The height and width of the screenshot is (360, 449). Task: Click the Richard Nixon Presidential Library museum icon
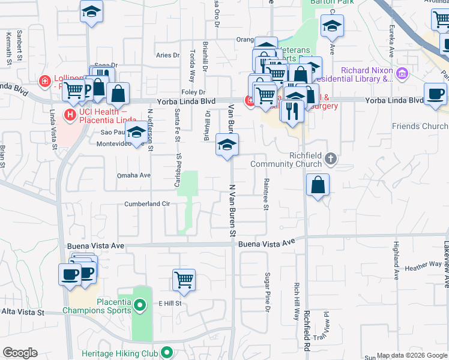[x=402, y=74]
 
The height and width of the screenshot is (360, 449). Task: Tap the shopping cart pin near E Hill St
[x=184, y=279]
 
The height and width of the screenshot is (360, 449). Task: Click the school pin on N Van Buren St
[x=227, y=145]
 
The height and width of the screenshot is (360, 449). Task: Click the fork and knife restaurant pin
[x=292, y=111]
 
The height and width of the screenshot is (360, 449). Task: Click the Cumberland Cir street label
[x=146, y=204]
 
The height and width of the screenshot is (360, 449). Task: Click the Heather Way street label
[x=423, y=266]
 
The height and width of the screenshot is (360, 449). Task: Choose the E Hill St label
[x=170, y=304]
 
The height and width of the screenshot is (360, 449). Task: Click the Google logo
[x=20, y=353]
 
